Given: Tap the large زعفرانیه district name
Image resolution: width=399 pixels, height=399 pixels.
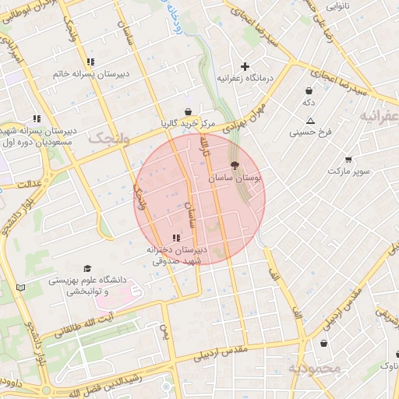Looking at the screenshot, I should coord(380,116).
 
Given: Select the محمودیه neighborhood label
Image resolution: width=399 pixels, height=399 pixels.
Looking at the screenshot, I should coord(315,368).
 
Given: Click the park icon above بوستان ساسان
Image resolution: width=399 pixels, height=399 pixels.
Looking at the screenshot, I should coord(235,165).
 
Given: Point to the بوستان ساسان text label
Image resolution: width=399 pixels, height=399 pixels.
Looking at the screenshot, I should coord(235,178).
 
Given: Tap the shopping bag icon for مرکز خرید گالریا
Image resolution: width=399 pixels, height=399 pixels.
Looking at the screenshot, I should coord(188,111).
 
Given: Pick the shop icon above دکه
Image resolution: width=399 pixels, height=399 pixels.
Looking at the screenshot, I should coord(309,90).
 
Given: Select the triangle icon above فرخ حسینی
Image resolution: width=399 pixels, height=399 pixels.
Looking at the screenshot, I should coord(310,121).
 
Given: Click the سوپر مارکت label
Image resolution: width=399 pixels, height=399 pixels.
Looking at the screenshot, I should coord(346,170).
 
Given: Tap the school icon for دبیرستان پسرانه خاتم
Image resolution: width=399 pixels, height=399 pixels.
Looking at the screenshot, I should coord(91,62).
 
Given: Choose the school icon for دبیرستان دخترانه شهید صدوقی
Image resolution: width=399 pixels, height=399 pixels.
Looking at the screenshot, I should coord(176,238).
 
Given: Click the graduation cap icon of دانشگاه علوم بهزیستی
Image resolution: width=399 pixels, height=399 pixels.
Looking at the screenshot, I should coord(87,267).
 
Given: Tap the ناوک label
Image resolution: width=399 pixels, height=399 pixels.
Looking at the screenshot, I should coord(388,365).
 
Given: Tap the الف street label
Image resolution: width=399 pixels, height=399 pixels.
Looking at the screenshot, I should coord(274,274).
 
